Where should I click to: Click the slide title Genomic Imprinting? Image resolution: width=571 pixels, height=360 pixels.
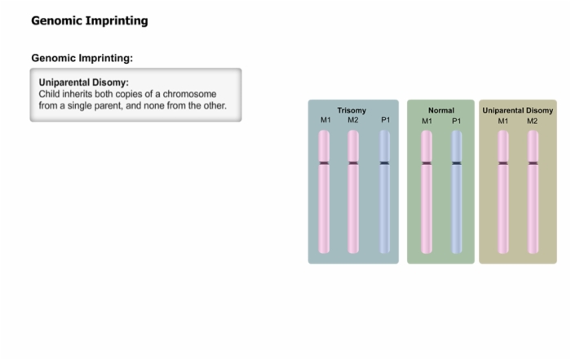[x=90, y=20]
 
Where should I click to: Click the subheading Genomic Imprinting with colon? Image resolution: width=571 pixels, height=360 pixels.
[x=82, y=58]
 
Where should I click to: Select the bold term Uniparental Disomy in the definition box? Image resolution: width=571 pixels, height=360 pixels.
[x=84, y=82]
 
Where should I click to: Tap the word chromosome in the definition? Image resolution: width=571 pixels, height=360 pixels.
[x=189, y=94]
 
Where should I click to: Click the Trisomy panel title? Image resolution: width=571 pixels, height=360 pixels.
[x=352, y=110]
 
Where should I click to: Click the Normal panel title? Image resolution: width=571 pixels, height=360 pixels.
[x=441, y=110]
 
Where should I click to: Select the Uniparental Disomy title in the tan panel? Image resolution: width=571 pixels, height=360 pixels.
[x=517, y=110]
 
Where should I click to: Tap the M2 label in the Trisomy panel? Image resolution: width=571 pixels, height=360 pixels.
[x=353, y=120]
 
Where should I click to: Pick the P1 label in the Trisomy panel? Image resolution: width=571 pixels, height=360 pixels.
[x=385, y=120]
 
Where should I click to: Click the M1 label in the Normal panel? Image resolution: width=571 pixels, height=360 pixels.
[x=427, y=121]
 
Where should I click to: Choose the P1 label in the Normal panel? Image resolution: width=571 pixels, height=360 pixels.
[x=456, y=121]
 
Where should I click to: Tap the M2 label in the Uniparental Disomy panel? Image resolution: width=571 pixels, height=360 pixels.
[x=532, y=121]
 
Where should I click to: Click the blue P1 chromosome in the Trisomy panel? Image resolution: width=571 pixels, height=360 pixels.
[x=384, y=192]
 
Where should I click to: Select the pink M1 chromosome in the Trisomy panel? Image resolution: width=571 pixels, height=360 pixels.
[x=324, y=192]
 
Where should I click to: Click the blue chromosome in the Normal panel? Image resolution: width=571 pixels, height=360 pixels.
[x=457, y=192]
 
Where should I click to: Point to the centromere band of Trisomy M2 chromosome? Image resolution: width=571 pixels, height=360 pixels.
[x=353, y=163]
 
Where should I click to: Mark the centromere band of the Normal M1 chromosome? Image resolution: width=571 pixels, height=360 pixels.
[x=427, y=163]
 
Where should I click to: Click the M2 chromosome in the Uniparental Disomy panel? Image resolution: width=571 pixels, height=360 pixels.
[x=533, y=192]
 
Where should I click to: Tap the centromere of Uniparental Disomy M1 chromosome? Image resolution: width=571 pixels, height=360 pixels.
[x=503, y=163]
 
